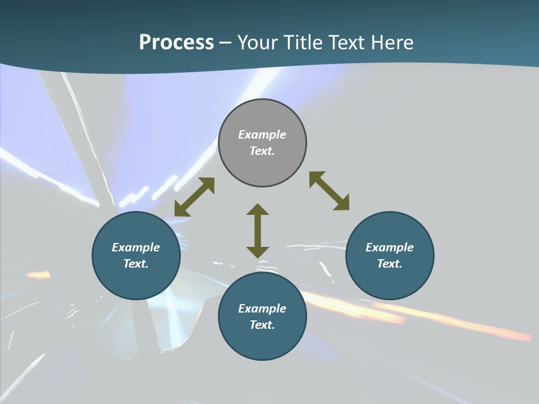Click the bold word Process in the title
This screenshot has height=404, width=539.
coord(176,43)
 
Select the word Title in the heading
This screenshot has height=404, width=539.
coord(303,43)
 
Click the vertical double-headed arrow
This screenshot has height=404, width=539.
coord(258,231)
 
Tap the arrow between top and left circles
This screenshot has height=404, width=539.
coord(194,197)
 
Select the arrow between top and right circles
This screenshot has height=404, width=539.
coord(329,191)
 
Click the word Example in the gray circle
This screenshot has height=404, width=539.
coord(262,135)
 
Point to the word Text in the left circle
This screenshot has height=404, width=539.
coord(136,264)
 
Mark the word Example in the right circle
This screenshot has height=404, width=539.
coord(390,247)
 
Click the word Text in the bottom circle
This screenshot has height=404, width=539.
coord(262,325)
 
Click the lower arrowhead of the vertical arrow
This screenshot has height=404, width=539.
coord(258,251)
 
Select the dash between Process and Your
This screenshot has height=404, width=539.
coord(226,43)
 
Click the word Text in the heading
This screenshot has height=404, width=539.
coord(347,43)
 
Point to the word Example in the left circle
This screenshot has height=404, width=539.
coord(136,247)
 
